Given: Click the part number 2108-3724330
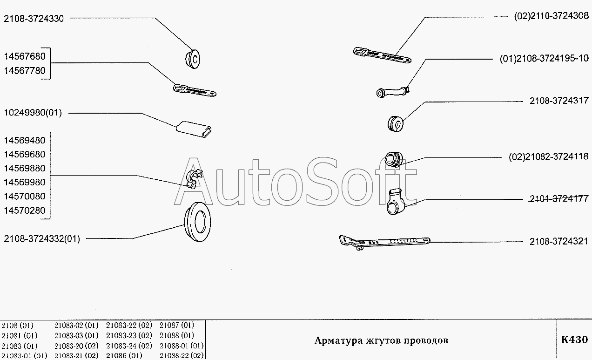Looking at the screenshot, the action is coord(34,19).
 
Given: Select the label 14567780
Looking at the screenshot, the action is coord(25,71).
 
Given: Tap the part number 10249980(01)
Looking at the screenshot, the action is coord(33,113).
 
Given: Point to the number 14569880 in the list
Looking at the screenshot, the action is coord(25,168).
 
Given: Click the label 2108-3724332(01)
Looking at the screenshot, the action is coord(42,239).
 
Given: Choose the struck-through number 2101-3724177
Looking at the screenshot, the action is coord(559,199).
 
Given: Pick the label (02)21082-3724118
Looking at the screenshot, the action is coord(549,156).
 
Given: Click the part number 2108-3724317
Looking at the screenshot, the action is coord(559,101).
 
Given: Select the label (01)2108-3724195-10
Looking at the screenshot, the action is coord(544,58).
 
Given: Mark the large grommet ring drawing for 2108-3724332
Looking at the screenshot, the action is coord(197,222).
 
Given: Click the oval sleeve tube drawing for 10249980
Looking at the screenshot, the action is coord(194,129).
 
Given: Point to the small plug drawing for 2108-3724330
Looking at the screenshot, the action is coord(192,59).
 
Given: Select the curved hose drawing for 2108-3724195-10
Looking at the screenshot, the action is coord(393,92).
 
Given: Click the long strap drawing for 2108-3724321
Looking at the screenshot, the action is coord(384,242).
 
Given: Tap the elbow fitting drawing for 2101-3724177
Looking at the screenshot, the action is coord(396,201).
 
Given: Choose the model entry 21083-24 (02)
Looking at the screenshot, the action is coord(129,346).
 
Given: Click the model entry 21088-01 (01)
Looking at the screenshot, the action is coord(182,346).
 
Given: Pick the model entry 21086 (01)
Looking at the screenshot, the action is coord(124,355).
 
